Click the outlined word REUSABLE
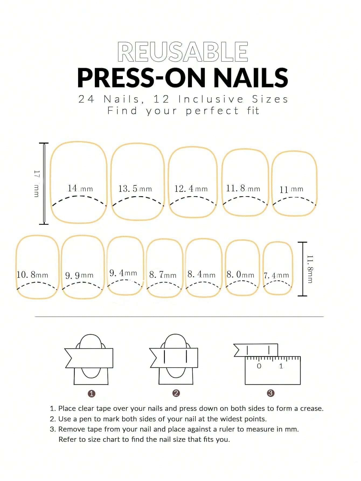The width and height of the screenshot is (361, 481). tap(183, 52)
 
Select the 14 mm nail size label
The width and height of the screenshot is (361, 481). tap(80, 188)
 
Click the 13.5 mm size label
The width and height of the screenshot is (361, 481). tap(135, 189)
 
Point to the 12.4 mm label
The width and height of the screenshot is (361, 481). tap(191, 189)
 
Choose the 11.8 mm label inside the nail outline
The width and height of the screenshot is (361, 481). tap(243, 188)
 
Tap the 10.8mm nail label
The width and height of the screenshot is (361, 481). tap(32, 275)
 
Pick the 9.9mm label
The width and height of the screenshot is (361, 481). tap(79, 275)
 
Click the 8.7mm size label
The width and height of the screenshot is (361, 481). tap(163, 275)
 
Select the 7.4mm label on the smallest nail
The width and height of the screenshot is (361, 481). tap(276, 275)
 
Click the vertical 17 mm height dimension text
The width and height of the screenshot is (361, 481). tap(37, 184)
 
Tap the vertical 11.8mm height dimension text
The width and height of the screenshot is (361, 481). tap(310, 269)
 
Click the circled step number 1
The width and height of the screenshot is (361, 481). tap(92, 394)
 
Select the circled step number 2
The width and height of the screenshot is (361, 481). tap(176, 393)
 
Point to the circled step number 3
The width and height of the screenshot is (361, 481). tap(270, 393)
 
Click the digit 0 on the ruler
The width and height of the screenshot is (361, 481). tap(259, 366)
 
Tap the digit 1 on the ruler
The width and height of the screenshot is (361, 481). tap(281, 366)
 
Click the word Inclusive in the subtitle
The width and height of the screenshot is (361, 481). tap(211, 99)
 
